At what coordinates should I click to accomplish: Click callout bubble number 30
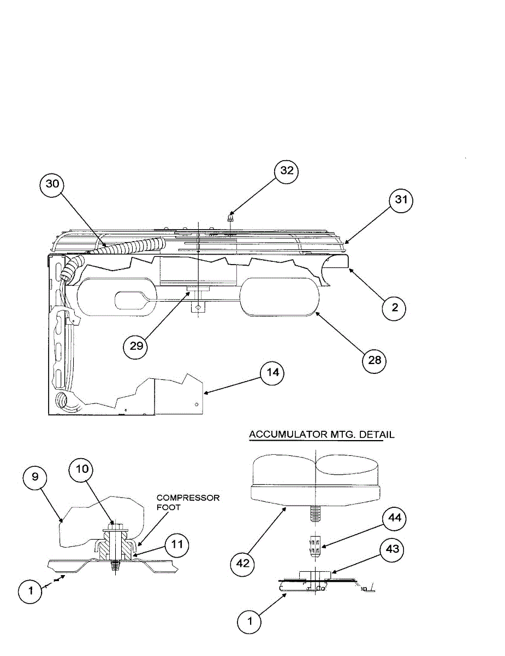[x=52, y=184]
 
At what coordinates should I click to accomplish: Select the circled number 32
[x=287, y=171]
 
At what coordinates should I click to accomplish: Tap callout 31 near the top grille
[x=401, y=201]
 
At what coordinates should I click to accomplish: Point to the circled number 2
[x=394, y=308]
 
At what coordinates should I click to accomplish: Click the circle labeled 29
[x=135, y=346]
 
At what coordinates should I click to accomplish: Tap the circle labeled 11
[x=177, y=544]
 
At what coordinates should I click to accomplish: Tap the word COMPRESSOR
[x=188, y=498]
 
